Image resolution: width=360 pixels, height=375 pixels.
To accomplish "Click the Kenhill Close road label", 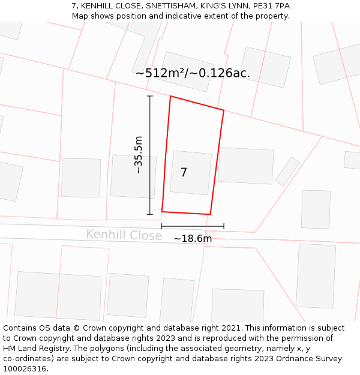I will tap(124, 235).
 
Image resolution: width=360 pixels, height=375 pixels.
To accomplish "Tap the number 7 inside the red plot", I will tap(184, 173).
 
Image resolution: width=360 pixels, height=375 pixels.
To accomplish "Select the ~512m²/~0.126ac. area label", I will tap(193, 73).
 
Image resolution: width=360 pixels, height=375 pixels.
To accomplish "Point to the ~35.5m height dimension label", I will tap(138, 155).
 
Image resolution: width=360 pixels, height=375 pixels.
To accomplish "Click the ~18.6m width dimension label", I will tap(193, 239).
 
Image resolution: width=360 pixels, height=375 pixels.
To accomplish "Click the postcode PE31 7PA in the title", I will tap(271, 6).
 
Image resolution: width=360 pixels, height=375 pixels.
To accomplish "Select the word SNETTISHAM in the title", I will tap(172, 6).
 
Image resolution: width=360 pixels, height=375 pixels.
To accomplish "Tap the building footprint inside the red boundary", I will tap(191, 173).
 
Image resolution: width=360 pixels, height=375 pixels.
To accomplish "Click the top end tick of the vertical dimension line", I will tap(150, 96).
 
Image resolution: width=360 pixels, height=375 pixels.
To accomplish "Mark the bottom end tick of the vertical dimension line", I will tap(150, 214).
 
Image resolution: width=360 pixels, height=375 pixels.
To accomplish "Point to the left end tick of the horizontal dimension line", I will tap(162, 226).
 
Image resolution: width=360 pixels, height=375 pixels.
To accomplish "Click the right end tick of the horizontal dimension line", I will tap(224, 226).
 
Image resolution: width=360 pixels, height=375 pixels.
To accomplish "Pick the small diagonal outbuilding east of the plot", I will tap(287, 172).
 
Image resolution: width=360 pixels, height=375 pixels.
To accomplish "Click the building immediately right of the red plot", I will tap(245, 166).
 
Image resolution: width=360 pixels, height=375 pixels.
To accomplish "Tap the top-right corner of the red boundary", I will tap(224, 110).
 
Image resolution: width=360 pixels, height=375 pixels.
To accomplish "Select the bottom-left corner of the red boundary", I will tap(162, 211).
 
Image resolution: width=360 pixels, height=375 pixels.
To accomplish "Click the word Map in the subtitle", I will tap(80, 16).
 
